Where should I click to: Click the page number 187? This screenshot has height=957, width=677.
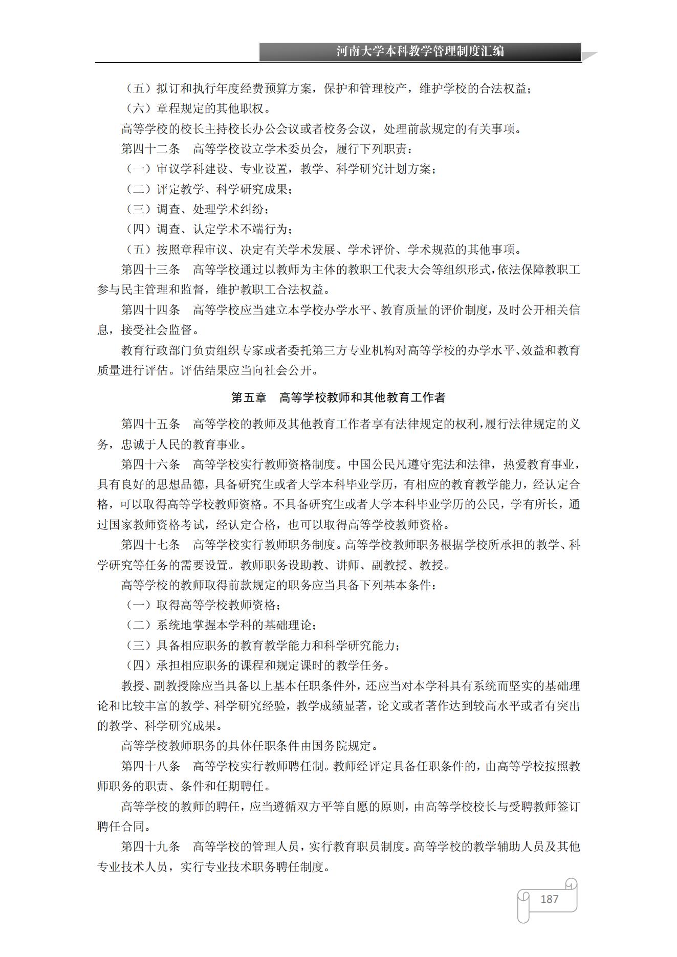[549, 899]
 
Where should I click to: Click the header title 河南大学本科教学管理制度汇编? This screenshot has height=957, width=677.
[420, 51]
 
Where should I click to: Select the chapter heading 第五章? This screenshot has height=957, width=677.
[249, 397]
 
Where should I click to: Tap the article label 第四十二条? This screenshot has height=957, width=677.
[150, 149]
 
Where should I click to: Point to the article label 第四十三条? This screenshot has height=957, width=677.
[150, 270]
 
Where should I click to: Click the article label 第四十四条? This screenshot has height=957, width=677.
[150, 310]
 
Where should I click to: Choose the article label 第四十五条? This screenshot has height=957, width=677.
[150, 424]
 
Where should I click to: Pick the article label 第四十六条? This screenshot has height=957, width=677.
[150, 464]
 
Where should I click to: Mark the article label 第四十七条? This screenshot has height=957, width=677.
[150, 545]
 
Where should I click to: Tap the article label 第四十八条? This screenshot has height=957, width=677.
[150, 766]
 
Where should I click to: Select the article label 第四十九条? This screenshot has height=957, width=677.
[150, 847]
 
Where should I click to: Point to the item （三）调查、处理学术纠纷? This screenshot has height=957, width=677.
[198, 209]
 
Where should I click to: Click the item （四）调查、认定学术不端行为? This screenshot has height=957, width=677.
[210, 229]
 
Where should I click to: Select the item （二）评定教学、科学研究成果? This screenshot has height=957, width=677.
[210, 189]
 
